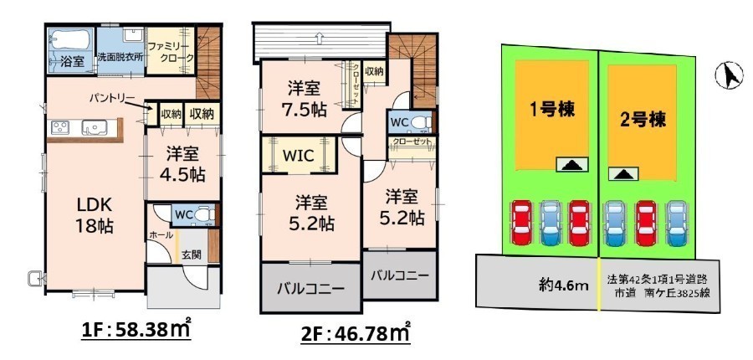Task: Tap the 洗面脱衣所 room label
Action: [x=120, y=56]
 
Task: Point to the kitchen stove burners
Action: [x=60, y=127]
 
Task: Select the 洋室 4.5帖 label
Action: [x=183, y=165]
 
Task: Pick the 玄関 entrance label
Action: [x=191, y=255]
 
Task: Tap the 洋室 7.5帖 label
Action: [x=305, y=99]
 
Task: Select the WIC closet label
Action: [x=298, y=156]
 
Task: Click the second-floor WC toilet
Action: [x=421, y=121]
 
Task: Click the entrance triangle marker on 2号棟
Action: [x=623, y=173]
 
